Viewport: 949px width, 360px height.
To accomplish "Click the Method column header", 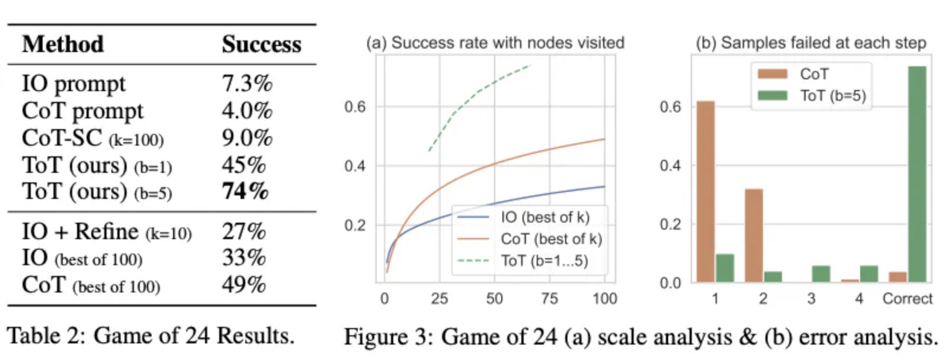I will coord(63,44).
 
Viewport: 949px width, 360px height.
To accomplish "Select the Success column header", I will coord(261,44).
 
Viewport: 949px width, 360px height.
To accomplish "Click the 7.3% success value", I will coord(247,83).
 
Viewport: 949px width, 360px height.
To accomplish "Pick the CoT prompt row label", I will coord(82,111).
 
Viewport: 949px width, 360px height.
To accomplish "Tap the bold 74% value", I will coord(245,191).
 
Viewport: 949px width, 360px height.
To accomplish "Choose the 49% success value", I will coord(243,285).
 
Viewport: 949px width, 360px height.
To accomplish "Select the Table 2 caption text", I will coord(150,336).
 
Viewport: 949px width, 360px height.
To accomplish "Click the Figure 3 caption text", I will coord(641,337).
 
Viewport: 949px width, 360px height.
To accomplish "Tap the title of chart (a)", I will coord(495,43).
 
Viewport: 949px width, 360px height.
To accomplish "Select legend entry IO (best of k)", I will coord(544,217).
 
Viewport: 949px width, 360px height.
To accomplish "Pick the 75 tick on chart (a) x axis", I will coord(549,298).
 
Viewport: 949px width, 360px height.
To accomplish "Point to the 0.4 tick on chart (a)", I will coord(355,166).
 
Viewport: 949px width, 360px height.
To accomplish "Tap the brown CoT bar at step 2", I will coord(754,235).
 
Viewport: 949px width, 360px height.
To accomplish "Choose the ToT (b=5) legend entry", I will coord(832,95).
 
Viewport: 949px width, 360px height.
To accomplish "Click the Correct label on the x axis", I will coord(907,298).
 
